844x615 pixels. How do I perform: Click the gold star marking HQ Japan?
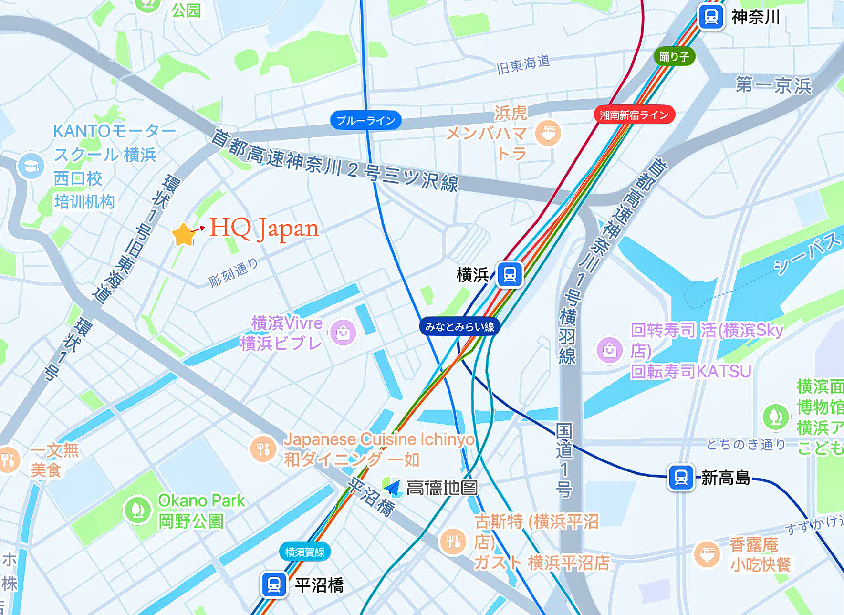(x=183, y=235)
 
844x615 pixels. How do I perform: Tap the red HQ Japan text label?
(x=264, y=229)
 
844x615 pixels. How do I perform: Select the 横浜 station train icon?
(x=509, y=274)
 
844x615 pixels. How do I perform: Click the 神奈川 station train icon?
(x=710, y=17)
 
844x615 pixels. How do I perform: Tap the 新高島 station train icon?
(x=681, y=477)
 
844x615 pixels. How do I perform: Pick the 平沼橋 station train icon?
(x=274, y=585)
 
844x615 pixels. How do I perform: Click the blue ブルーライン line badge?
(x=365, y=121)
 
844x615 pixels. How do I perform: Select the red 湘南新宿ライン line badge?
(x=634, y=115)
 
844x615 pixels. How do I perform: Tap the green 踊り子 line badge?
(x=674, y=57)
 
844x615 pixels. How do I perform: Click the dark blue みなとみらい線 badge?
(x=459, y=327)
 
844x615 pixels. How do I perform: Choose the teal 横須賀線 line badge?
(x=304, y=552)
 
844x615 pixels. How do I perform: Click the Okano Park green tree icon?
(x=137, y=510)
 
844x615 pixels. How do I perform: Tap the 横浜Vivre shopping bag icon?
(x=343, y=333)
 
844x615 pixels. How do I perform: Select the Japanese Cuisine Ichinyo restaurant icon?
(x=263, y=448)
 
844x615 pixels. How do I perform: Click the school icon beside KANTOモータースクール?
(x=31, y=166)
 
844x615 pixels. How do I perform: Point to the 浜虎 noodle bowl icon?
(x=548, y=133)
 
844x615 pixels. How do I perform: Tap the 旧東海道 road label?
(x=523, y=65)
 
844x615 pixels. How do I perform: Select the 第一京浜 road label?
(x=773, y=85)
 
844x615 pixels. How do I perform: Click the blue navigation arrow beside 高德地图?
(x=392, y=488)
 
